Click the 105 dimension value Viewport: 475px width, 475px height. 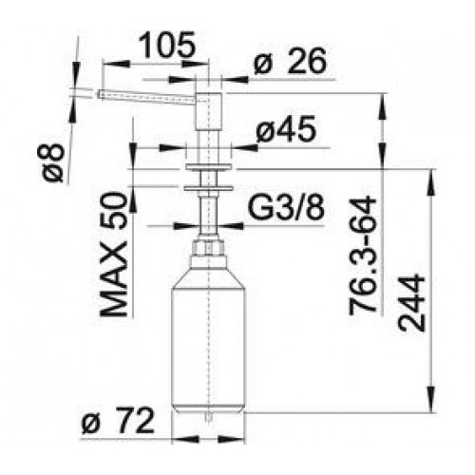167,45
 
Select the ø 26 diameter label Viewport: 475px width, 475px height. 290,61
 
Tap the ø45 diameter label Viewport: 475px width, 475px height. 286,128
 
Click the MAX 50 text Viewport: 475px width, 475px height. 114,255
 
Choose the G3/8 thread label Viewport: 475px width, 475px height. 286,208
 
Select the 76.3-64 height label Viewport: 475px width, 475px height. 363,256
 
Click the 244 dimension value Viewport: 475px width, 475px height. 411,303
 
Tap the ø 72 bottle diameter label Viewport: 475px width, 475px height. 118,421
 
